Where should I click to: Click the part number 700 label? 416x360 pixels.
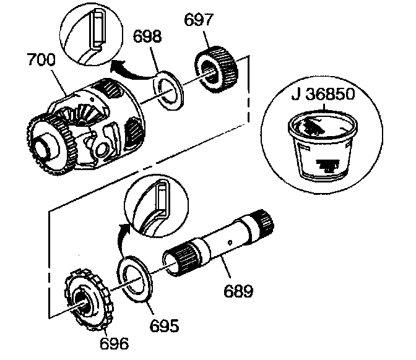(41, 61)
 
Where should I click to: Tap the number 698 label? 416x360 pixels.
(149, 36)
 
